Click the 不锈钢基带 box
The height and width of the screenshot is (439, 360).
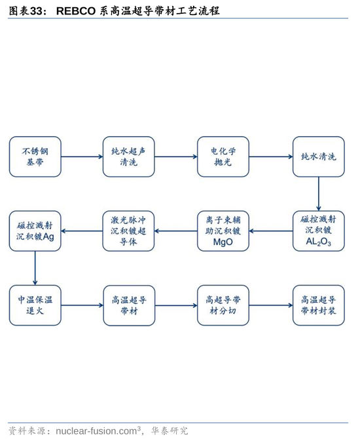(35, 157)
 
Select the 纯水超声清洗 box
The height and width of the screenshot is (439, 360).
(129, 157)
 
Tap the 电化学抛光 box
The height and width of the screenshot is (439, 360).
(223, 157)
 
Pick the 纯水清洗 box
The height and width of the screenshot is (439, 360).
(319, 157)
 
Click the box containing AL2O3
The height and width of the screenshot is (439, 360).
(319, 231)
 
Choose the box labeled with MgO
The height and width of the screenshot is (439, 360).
(223, 231)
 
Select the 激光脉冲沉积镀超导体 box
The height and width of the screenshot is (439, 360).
(129, 231)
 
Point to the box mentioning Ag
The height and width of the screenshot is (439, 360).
(35, 231)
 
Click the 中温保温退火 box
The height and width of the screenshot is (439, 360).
(35, 305)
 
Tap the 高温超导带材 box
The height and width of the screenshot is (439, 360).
(129, 305)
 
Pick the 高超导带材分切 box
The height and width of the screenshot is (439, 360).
(223, 305)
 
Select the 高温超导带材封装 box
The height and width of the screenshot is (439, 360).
(319, 305)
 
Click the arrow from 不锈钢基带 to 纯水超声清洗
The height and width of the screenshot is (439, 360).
(82, 157)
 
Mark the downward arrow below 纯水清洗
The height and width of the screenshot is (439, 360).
(319, 194)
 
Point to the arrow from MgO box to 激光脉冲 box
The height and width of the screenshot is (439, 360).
(175, 231)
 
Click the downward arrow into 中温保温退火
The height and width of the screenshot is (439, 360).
(35, 268)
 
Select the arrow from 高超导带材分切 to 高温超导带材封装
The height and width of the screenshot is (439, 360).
(271, 305)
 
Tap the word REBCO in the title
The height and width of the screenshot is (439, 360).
(76, 11)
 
